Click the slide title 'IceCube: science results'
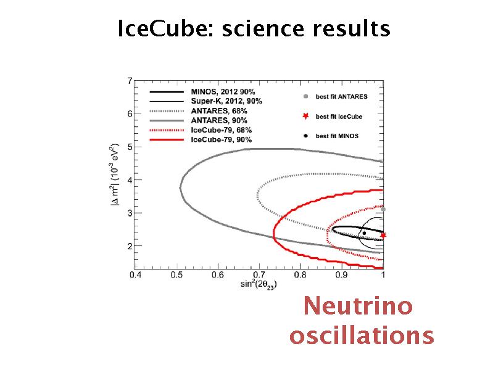coord(254,28)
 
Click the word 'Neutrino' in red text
coord(358,306)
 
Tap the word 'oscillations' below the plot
coord(362,336)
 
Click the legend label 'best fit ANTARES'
coord(341,97)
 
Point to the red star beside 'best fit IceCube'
coord(304,116)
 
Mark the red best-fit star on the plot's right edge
coord(383,235)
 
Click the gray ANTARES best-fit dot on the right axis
coord(383,210)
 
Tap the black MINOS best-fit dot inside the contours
coord(364,233)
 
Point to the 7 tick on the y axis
coord(129,80)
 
